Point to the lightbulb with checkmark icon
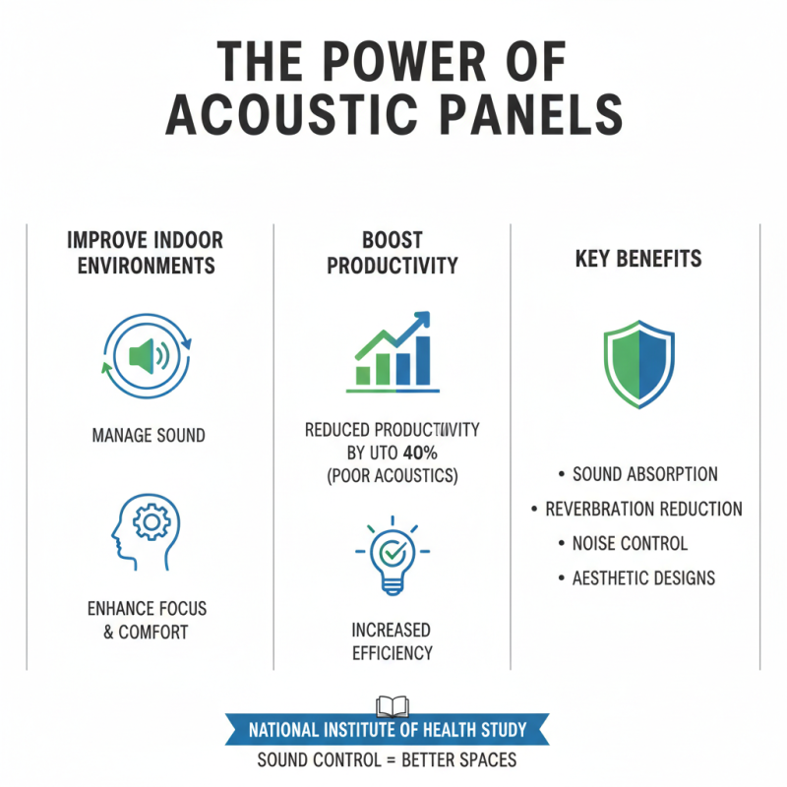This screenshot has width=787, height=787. click(392, 556)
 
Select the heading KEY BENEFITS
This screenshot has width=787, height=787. click(637, 259)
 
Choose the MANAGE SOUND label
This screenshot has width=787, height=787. click(148, 434)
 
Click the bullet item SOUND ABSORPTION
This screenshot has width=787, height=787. click(644, 474)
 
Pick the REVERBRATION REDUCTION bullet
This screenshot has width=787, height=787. click(644, 509)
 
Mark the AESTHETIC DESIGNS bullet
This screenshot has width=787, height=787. click(644, 577)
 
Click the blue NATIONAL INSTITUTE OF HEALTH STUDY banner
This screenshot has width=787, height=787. click(388, 731)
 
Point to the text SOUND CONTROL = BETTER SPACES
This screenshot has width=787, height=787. click(388, 760)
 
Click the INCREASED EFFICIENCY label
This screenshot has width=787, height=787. click(392, 640)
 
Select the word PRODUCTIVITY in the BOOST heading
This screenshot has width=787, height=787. click(392, 266)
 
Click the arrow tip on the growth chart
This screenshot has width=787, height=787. click(425, 317)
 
